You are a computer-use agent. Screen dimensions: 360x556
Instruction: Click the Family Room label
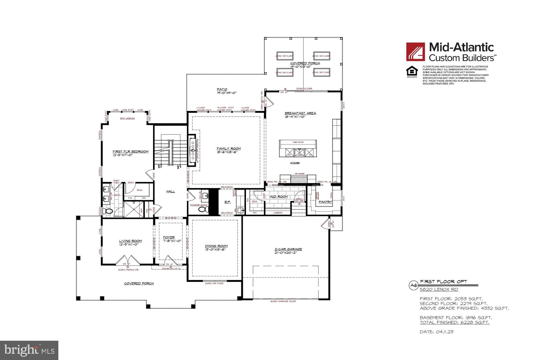(x=229, y=148)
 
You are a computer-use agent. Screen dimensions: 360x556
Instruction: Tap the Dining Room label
(x=216, y=246)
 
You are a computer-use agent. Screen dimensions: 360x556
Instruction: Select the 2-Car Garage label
(x=288, y=249)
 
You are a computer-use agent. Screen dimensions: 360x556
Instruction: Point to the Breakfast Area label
(x=300, y=113)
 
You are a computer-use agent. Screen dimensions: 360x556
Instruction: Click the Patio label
(x=222, y=89)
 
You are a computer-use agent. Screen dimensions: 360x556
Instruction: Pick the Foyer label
(x=169, y=237)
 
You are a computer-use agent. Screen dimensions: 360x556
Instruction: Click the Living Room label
(x=130, y=241)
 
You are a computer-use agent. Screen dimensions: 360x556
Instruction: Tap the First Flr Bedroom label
(x=130, y=151)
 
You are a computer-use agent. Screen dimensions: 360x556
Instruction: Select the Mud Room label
(x=278, y=196)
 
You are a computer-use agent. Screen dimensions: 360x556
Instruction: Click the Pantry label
(x=325, y=202)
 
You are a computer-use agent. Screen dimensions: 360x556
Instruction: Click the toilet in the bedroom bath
(x=109, y=211)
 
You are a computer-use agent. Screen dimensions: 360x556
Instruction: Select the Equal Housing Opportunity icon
(x=412, y=72)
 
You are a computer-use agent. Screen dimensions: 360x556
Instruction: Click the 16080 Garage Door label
(x=283, y=301)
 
